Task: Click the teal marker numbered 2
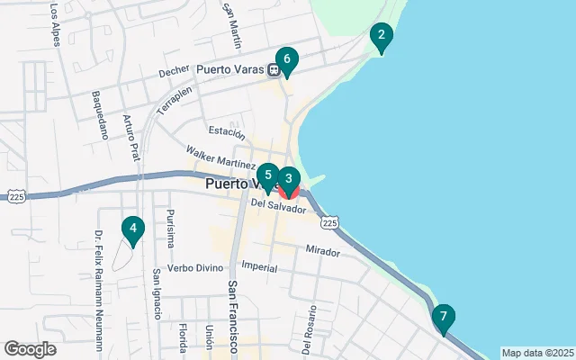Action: (x=382, y=37)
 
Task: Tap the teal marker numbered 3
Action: (x=288, y=178)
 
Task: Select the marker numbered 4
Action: (x=133, y=229)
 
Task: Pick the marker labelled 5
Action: (x=268, y=175)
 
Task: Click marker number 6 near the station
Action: (x=286, y=60)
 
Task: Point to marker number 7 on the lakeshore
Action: (x=442, y=318)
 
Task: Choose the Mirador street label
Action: (x=322, y=250)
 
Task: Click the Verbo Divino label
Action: (x=194, y=267)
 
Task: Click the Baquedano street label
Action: (x=100, y=115)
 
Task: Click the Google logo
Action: (x=30, y=349)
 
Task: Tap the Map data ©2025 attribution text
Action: (x=537, y=353)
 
